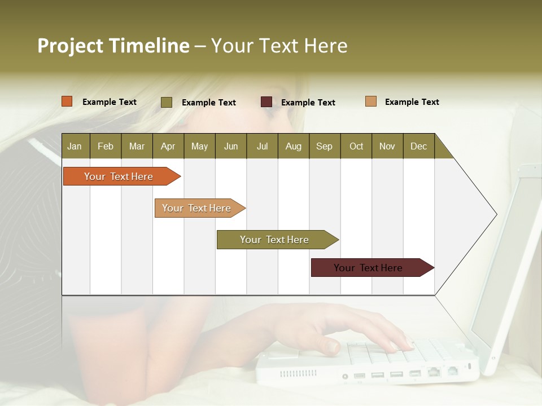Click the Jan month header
pos(75,146)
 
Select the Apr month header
pos(168,146)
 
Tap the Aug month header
pos(293,146)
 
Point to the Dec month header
pos(418,146)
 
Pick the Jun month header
pos(231,146)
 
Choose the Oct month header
pos(356,146)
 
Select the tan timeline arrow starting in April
pos(198,208)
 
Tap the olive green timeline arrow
pos(276,240)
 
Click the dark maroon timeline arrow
pos(370,268)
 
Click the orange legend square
pos(67,101)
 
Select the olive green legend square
pos(167,102)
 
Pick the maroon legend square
pos(266,102)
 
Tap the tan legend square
pos(371,101)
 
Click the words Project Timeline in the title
pos(113,46)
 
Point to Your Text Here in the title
pos(279,46)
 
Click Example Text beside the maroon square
pos(308,103)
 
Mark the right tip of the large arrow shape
pos(496,214)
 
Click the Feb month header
pos(106,146)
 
